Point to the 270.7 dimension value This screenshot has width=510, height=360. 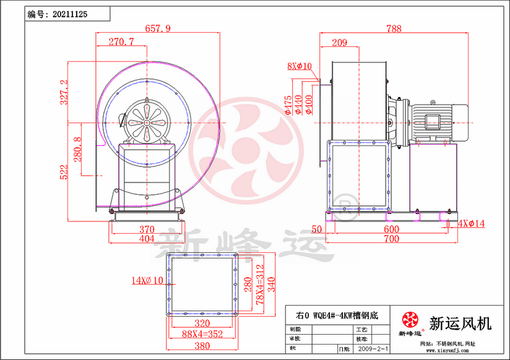tap(121, 42)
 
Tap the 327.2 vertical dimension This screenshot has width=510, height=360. tap(64, 92)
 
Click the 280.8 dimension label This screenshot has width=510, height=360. tap(77, 149)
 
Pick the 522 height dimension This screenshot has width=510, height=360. tap(64, 172)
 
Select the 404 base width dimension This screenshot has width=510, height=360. tap(147, 238)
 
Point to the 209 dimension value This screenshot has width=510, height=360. tap(339, 42)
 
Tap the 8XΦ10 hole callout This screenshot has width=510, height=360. tap(300, 66)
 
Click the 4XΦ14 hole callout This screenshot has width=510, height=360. tap(472, 223)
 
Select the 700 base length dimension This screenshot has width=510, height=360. tap(391, 238)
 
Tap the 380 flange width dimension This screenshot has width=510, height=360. tap(200, 346)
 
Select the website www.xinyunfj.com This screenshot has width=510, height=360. tap(444, 351)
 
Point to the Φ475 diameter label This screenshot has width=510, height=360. tap(288, 105)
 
